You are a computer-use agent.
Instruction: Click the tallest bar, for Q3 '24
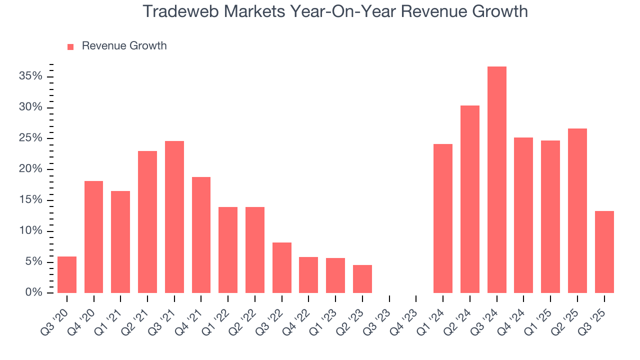(496, 180)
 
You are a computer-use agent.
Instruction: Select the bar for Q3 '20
(67, 275)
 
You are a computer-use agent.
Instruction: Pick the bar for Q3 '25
(604, 252)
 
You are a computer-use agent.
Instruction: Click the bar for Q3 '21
(174, 217)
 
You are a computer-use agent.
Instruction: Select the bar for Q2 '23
(362, 279)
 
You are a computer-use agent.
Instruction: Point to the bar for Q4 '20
(94, 237)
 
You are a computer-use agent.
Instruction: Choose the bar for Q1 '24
(443, 218)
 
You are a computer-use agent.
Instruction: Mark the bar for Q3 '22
(282, 268)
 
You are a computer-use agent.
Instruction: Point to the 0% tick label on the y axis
(34, 292)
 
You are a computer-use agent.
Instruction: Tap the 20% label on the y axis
(31, 169)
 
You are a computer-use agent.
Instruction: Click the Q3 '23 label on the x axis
(381, 315)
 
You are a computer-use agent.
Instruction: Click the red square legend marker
(70, 46)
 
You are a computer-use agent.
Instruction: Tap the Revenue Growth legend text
(124, 46)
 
